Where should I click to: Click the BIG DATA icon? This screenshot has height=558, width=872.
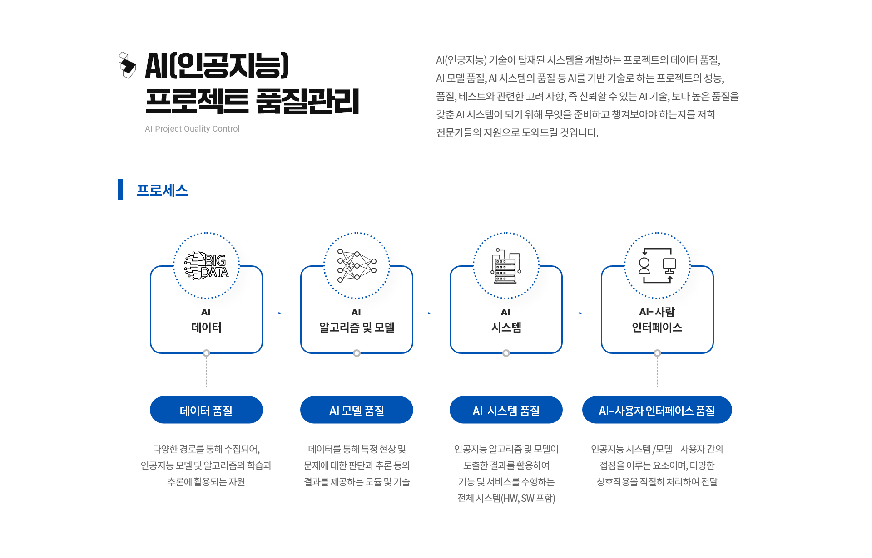(206, 265)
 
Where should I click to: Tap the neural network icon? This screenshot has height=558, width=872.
(357, 265)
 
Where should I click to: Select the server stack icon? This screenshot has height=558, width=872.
(506, 265)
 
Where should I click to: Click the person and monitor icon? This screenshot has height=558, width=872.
(657, 265)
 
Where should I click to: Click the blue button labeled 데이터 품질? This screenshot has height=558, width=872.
(206, 410)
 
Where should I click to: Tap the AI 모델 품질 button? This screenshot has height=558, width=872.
(357, 410)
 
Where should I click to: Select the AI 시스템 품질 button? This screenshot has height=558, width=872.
(506, 410)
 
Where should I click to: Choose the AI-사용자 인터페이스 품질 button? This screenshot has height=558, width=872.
(657, 410)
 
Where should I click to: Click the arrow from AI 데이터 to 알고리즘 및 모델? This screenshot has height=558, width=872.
(273, 313)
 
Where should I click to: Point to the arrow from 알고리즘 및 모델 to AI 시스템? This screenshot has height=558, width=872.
(423, 313)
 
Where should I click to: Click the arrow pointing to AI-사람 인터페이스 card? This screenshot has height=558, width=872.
(573, 313)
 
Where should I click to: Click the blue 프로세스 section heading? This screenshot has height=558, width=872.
(162, 190)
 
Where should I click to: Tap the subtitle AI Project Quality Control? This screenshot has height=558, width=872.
(192, 129)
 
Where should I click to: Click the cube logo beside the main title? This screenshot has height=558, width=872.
(127, 65)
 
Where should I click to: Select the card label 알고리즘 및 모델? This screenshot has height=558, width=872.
(357, 327)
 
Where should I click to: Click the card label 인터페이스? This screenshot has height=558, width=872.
(657, 327)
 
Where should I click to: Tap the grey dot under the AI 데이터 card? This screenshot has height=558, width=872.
(206, 353)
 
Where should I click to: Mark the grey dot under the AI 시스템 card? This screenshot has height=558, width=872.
(506, 353)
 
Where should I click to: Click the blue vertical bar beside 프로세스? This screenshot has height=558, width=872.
(120, 190)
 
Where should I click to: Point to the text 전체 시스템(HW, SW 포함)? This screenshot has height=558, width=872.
(506, 498)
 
